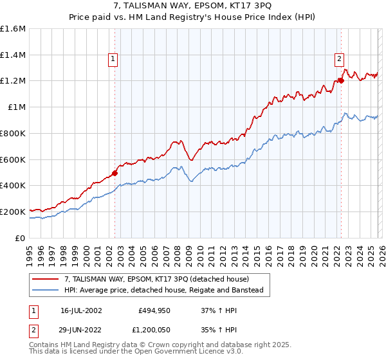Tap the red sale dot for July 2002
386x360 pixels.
[115, 173]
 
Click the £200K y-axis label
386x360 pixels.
[13, 212]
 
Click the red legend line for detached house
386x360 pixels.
[46, 279]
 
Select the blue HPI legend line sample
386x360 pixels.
[46, 291]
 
